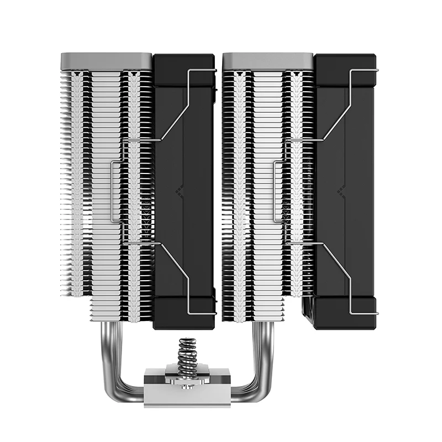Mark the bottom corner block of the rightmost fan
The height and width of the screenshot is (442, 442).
click(346, 313)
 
